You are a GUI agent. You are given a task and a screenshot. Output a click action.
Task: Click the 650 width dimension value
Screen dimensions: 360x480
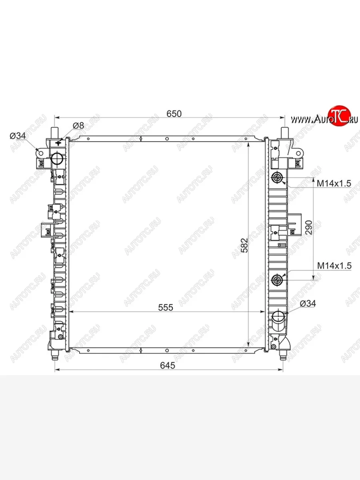174,114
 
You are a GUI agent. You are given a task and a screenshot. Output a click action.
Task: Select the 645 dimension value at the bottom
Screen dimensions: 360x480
168,366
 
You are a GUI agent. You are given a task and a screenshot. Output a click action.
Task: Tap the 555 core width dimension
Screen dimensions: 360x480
166,307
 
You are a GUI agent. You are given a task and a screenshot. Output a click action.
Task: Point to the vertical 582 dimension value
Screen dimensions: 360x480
244,245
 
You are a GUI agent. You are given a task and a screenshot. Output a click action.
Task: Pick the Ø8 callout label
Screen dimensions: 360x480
78,126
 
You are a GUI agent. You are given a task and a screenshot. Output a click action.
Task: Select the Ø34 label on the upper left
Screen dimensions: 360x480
18,136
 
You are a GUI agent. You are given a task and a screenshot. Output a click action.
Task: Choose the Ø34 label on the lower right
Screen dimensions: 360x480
308,304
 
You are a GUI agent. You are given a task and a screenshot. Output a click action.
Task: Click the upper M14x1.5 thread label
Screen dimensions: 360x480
334,184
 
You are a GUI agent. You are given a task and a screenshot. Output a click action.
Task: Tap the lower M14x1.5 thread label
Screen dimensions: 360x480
334,266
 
